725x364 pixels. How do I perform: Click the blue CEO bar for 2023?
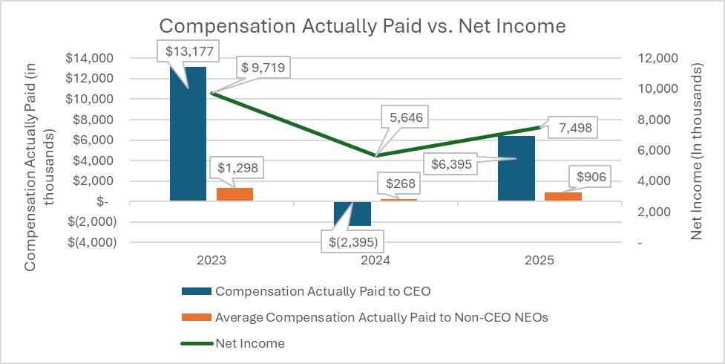click(188, 134)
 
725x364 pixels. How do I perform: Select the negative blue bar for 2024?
click(352, 213)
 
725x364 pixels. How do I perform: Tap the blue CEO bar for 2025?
click(516, 168)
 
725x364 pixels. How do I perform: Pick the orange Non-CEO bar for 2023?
click(234, 194)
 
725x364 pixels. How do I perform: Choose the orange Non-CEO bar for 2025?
click(562, 196)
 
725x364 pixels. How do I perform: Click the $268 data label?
click(401, 183)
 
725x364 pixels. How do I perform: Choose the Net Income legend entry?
click(250, 343)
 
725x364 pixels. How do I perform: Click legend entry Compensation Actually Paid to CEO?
click(323, 291)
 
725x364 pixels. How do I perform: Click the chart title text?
click(363, 26)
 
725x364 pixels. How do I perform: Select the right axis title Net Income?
click(696, 152)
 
